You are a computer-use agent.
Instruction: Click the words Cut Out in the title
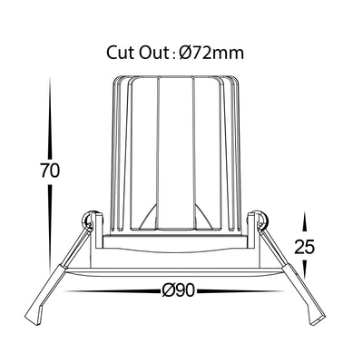pos(137,53)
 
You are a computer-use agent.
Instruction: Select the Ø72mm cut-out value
pos(211,53)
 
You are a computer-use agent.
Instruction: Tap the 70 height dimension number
pos(50,171)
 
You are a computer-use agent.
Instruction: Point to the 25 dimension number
pos(305,247)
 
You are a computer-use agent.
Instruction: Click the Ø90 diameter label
pos(178,291)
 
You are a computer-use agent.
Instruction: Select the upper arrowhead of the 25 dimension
pos(305,223)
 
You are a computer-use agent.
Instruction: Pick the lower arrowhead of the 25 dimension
pos(305,268)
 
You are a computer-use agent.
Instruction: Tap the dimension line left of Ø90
pos(113,291)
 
